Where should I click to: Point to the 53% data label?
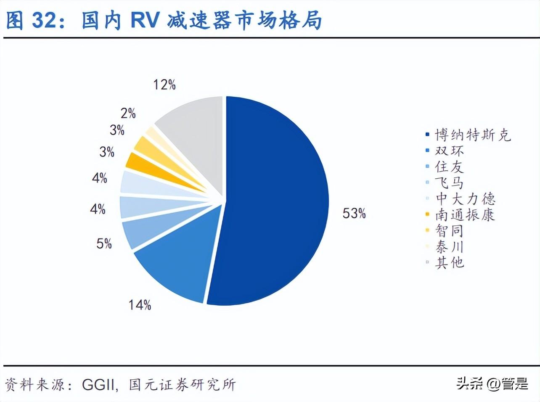(x=354, y=214)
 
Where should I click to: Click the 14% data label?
(x=140, y=304)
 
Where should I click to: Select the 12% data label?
(x=164, y=85)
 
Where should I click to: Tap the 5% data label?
(x=104, y=243)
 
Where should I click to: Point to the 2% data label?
(x=128, y=113)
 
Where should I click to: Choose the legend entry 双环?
(x=449, y=151)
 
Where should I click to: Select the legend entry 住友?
(x=449, y=167)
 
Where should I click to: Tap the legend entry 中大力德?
(x=465, y=198)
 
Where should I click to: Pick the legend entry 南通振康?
(x=465, y=215)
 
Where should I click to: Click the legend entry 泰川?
(x=449, y=246)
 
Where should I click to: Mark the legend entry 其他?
(x=449, y=262)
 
